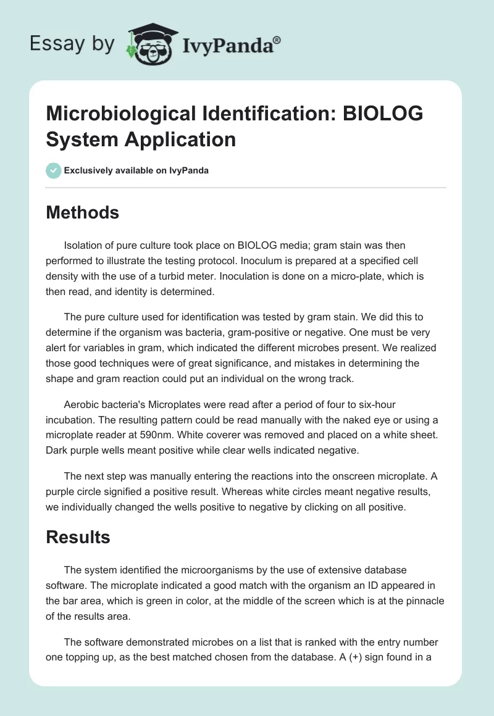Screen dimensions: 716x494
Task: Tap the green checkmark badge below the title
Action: coord(53,170)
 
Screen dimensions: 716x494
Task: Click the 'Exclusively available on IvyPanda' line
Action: coord(136,170)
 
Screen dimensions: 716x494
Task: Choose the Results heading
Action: coord(78,537)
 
